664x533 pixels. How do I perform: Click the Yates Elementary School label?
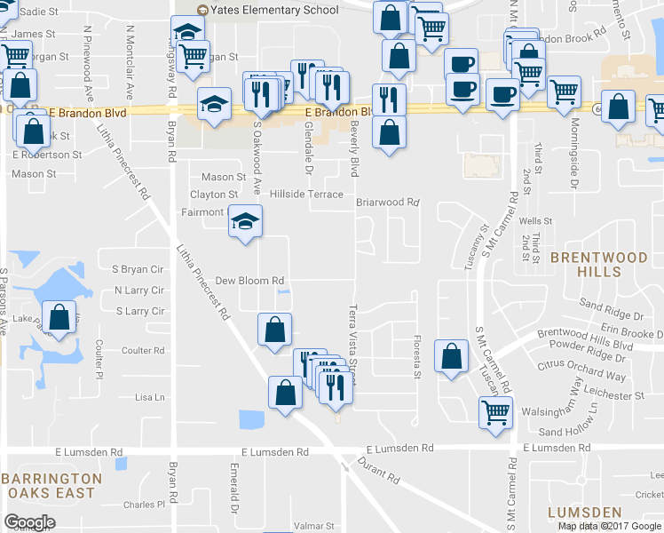pos(274,10)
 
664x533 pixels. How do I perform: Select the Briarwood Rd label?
pos(387,202)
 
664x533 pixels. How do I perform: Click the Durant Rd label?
pos(379,469)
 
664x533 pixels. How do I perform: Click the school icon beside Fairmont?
pos(246,221)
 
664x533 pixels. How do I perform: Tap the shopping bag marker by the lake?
pos(59,319)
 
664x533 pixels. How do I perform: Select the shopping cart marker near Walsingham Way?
pos(495,411)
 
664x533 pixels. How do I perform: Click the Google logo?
pos(30,522)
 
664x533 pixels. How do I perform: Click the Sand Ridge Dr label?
pos(611,315)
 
